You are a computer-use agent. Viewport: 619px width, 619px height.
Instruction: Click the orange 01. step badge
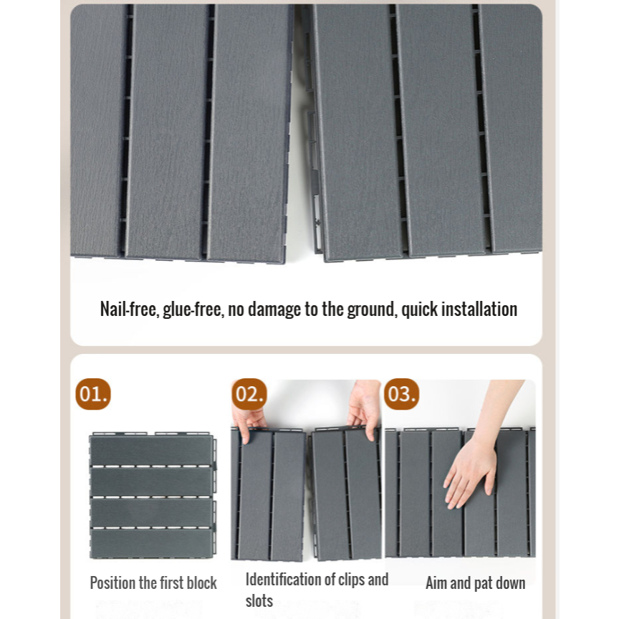coord(93,394)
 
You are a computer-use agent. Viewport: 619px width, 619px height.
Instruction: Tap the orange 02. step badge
coord(249,394)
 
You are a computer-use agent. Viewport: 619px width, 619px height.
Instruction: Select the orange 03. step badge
coord(401,394)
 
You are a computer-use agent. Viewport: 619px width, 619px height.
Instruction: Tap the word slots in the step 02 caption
coord(259,601)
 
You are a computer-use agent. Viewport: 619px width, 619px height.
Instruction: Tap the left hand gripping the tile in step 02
coord(249,423)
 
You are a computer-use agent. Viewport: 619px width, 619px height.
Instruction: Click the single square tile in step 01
coord(153,496)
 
